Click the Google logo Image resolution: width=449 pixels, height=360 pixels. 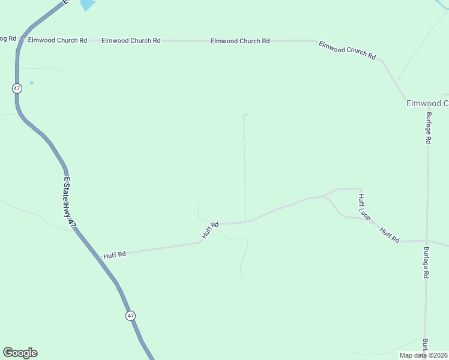(x=20, y=353)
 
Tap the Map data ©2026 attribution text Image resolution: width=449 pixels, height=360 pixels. (x=423, y=355)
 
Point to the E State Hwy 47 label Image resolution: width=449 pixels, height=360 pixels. (x=70, y=202)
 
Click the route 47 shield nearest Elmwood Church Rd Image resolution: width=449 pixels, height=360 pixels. (x=16, y=88)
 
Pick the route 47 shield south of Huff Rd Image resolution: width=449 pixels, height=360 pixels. (x=130, y=316)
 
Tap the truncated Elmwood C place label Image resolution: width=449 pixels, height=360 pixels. (x=427, y=103)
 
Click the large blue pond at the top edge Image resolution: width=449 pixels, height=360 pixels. (x=87, y=5)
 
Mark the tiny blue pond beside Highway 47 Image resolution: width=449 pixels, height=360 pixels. (x=31, y=83)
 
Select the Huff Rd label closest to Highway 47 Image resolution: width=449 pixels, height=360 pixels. (x=114, y=254)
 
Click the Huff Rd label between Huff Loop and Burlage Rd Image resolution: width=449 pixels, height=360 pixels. (x=390, y=235)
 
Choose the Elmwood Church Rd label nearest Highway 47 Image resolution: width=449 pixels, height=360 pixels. (x=58, y=40)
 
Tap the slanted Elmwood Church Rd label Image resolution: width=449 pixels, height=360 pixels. (x=347, y=50)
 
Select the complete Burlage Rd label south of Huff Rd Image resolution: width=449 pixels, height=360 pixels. (x=426, y=262)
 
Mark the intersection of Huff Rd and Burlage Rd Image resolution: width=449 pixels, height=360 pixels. (x=427, y=241)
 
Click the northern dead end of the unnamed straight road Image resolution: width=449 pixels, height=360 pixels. (x=246, y=114)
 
